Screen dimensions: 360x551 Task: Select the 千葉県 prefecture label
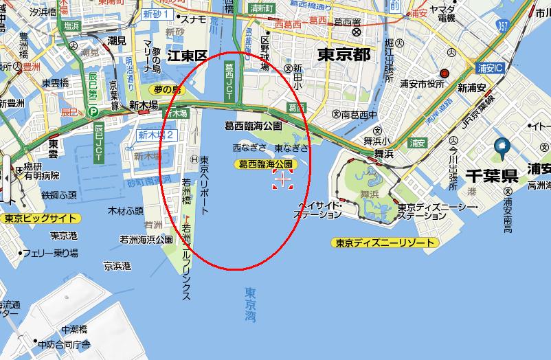tap(491, 175)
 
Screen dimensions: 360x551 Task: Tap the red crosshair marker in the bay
tap(282, 180)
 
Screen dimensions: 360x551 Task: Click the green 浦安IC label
tap(490, 69)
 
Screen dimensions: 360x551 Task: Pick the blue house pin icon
tap(502, 146)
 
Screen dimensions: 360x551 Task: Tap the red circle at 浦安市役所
tap(445, 73)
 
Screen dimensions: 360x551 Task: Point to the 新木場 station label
tap(144, 104)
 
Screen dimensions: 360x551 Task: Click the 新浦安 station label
tap(472, 88)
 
